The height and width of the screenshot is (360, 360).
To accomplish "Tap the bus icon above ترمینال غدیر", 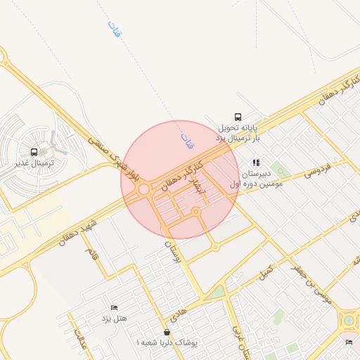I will (34, 152).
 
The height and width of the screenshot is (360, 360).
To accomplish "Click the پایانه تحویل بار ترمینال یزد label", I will (238, 133).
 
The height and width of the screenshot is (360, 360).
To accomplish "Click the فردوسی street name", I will (320, 169).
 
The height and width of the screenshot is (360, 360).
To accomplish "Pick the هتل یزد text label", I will (113, 320).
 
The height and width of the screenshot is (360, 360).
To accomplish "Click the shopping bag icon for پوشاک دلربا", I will (167, 332).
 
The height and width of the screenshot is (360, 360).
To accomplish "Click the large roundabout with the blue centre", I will (349, 321).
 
